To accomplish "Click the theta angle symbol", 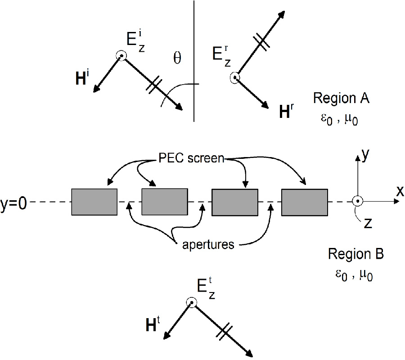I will (x=177, y=58).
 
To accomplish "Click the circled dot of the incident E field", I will (x=121, y=55).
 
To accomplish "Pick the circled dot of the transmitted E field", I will (x=192, y=303).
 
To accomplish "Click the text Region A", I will (x=341, y=99).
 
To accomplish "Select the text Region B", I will (x=355, y=254).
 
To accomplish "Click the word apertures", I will (x=208, y=245).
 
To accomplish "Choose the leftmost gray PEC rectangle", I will (x=94, y=202).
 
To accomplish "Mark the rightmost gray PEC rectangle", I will (x=304, y=202).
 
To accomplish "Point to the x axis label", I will (x=400, y=191).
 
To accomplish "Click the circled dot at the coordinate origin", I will (x=357, y=201).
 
